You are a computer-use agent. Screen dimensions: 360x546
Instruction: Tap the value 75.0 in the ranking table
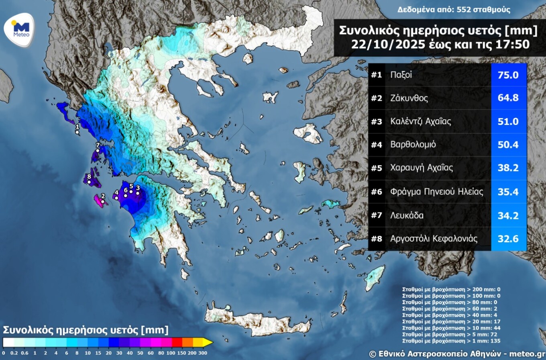pos(509,75)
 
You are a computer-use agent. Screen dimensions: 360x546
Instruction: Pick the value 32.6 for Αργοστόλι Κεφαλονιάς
pos(509,239)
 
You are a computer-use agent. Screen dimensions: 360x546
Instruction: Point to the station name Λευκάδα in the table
pos(407,215)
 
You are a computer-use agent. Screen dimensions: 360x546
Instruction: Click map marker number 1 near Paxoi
pos(77,132)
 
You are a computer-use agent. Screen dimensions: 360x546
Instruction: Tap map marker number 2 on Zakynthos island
pos(103,201)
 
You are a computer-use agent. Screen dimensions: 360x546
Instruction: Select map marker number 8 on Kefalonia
pos(89,182)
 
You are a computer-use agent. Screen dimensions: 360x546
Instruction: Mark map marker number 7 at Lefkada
pos(98,151)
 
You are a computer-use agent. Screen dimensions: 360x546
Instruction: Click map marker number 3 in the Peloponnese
pos(138,193)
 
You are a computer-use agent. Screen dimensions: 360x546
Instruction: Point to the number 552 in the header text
pos(460,10)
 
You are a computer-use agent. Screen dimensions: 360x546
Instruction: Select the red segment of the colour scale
pos(177,342)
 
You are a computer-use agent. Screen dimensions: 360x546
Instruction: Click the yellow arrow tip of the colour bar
pos(208,342)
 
